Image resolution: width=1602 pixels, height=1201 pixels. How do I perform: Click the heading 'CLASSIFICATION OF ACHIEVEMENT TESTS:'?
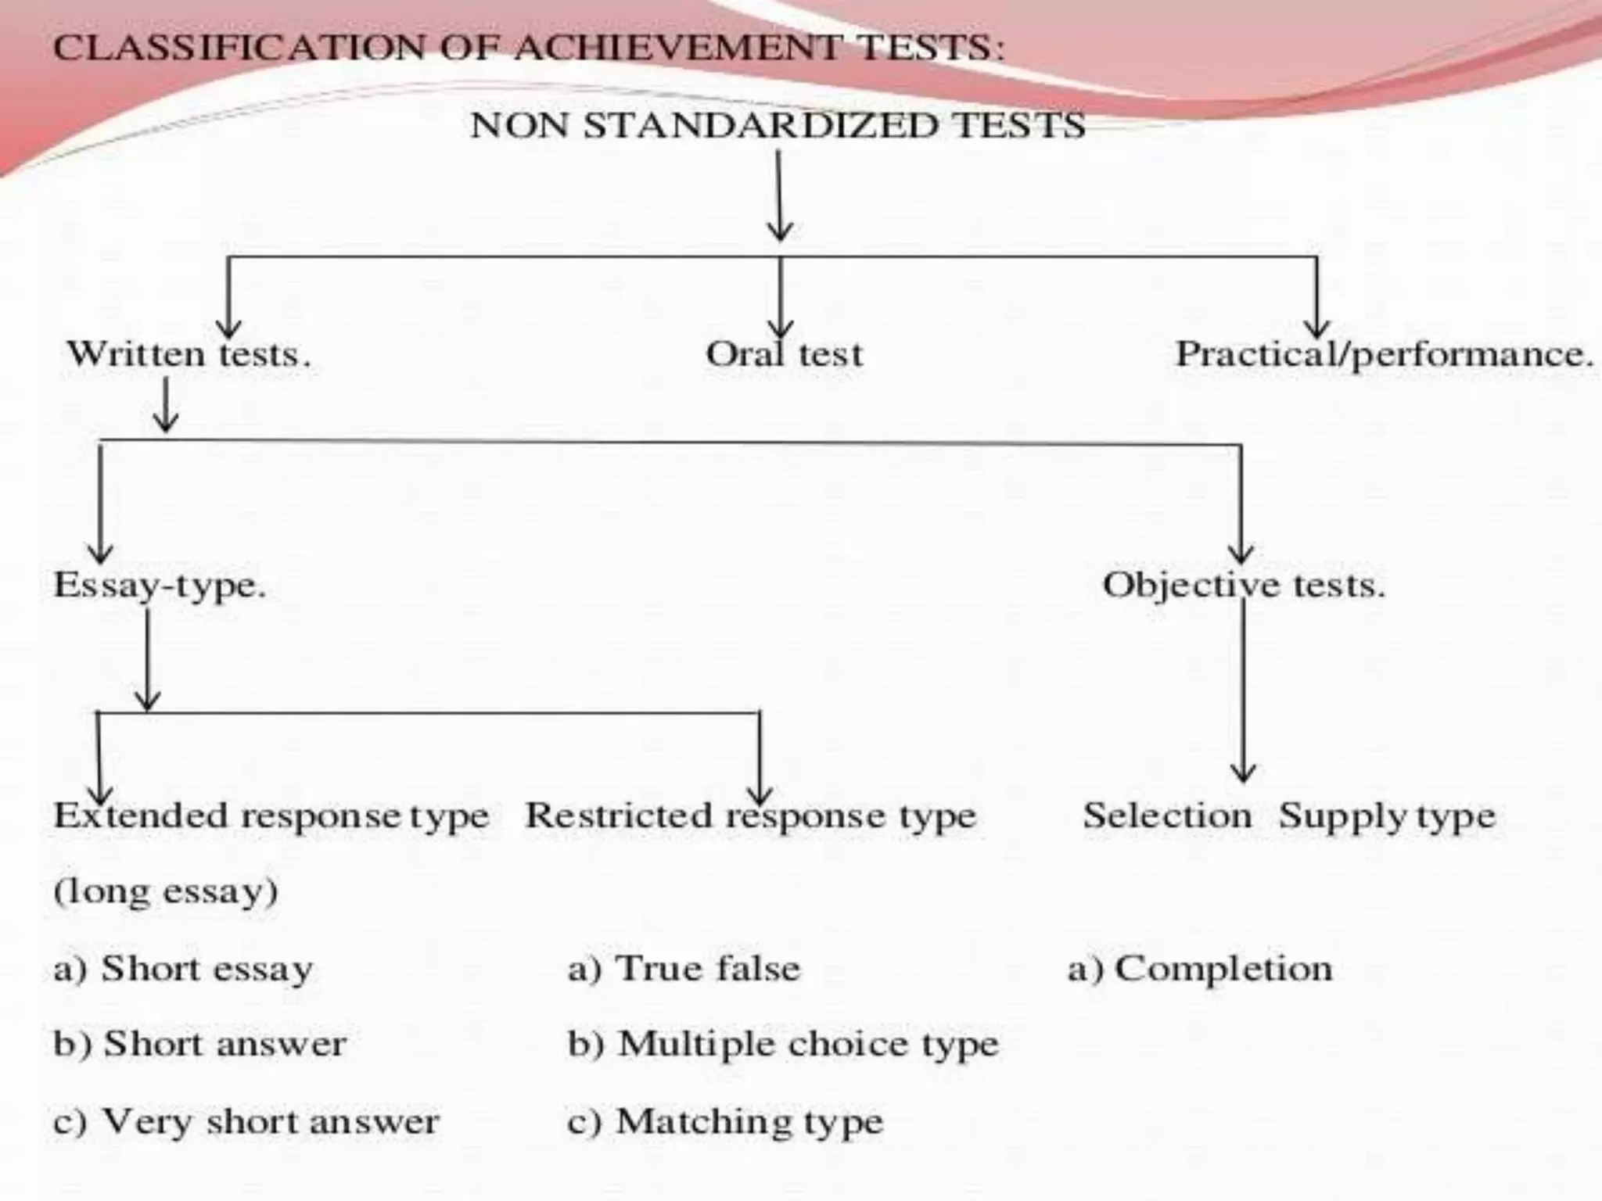point(529,48)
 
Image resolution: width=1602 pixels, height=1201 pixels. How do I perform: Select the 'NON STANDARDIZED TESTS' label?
point(778,126)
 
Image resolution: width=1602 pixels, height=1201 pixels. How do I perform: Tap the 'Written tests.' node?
point(189,354)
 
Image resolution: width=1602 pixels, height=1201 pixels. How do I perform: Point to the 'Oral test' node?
point(784,354)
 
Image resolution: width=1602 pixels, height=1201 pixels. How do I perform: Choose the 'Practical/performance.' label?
point(1384,354)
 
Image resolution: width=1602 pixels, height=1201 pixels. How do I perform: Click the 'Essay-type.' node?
point(160,586)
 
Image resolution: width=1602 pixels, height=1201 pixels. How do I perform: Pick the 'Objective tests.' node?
point(1244,585)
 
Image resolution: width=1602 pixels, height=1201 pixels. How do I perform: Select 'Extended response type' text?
point(271,816)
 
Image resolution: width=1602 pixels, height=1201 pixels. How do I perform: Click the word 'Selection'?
point(1167,816)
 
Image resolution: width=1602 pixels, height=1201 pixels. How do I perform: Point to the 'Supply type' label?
point(1387,816)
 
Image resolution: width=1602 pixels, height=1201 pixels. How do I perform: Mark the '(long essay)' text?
point(166,891)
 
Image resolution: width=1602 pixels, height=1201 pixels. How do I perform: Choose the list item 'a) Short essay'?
point(183,969)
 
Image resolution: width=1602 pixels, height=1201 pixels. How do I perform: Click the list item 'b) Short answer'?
point(199,1044)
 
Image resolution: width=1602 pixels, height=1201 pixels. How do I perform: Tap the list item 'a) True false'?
point(684,969)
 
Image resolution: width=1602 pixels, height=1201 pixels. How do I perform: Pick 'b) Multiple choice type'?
point(783,1044)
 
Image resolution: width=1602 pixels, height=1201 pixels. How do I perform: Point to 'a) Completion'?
point(1200,969)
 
